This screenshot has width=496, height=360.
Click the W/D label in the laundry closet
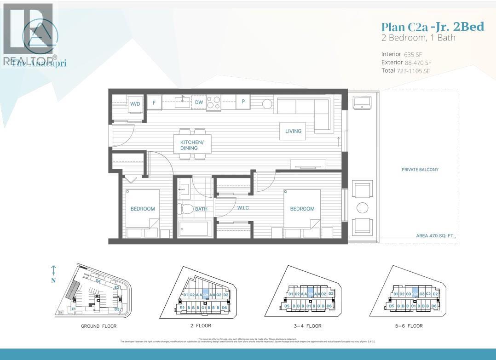tap(135, 104)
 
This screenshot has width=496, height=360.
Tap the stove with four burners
tap(213, 102)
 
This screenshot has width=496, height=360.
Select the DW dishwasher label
tap(199, 103)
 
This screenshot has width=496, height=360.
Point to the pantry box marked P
tap(242, 103)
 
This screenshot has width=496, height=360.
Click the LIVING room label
tap(293, 131)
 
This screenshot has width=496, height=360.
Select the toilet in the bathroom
tap(187, 210)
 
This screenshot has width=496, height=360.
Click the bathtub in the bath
tap(195, 229)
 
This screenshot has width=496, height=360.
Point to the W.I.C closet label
tap(243, 208)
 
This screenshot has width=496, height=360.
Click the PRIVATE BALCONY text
tap(420, 170)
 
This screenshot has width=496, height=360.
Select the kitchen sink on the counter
tap(183, 101)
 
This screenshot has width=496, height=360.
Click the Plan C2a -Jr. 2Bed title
tap(433, 27)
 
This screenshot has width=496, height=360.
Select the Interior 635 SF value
tap(413, 54)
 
